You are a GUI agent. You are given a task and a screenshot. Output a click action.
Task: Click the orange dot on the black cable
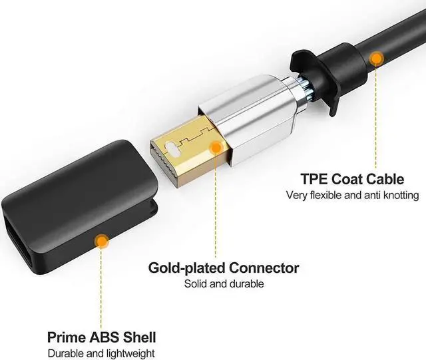(377, 59)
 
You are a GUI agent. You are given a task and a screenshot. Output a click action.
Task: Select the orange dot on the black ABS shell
(101, 241)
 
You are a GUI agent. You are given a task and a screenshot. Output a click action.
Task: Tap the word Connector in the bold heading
(264, 268)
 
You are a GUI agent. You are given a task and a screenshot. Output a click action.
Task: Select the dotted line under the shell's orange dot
(101, 286)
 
